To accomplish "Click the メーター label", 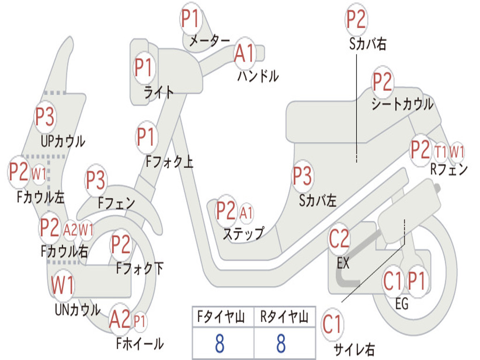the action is pyautogui.click(x=210, y=40).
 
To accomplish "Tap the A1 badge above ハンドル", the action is pyautogui.click(x=244, y=53).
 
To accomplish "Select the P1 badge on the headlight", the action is pyautogui.click(x=143, y=68).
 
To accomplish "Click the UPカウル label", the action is pyautogui.click(x=63, y=142).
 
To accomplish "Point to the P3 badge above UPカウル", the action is pyautogui.click(x=45, y=117).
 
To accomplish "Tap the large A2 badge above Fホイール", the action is pyautogui.click(x=120, y=320).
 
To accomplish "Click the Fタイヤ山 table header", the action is pyautogui.click(x=221, y=316).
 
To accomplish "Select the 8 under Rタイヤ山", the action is pyautogui.click(x=281, y=343).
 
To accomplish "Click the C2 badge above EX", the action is pyautogui.click(x=339, y=239).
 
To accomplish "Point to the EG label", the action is pyautogui.click(x=402, y=304).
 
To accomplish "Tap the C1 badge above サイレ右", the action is pyautogui.click(x=332, y=324).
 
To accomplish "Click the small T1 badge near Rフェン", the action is pyautogui.click(x=440, y=152).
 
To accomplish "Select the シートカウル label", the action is pyautogui.click(x=403, y=104).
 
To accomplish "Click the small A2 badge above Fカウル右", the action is pyautogui.click(x=70, y=230).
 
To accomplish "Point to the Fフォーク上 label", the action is pyautogui.click(x=169, y=162).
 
